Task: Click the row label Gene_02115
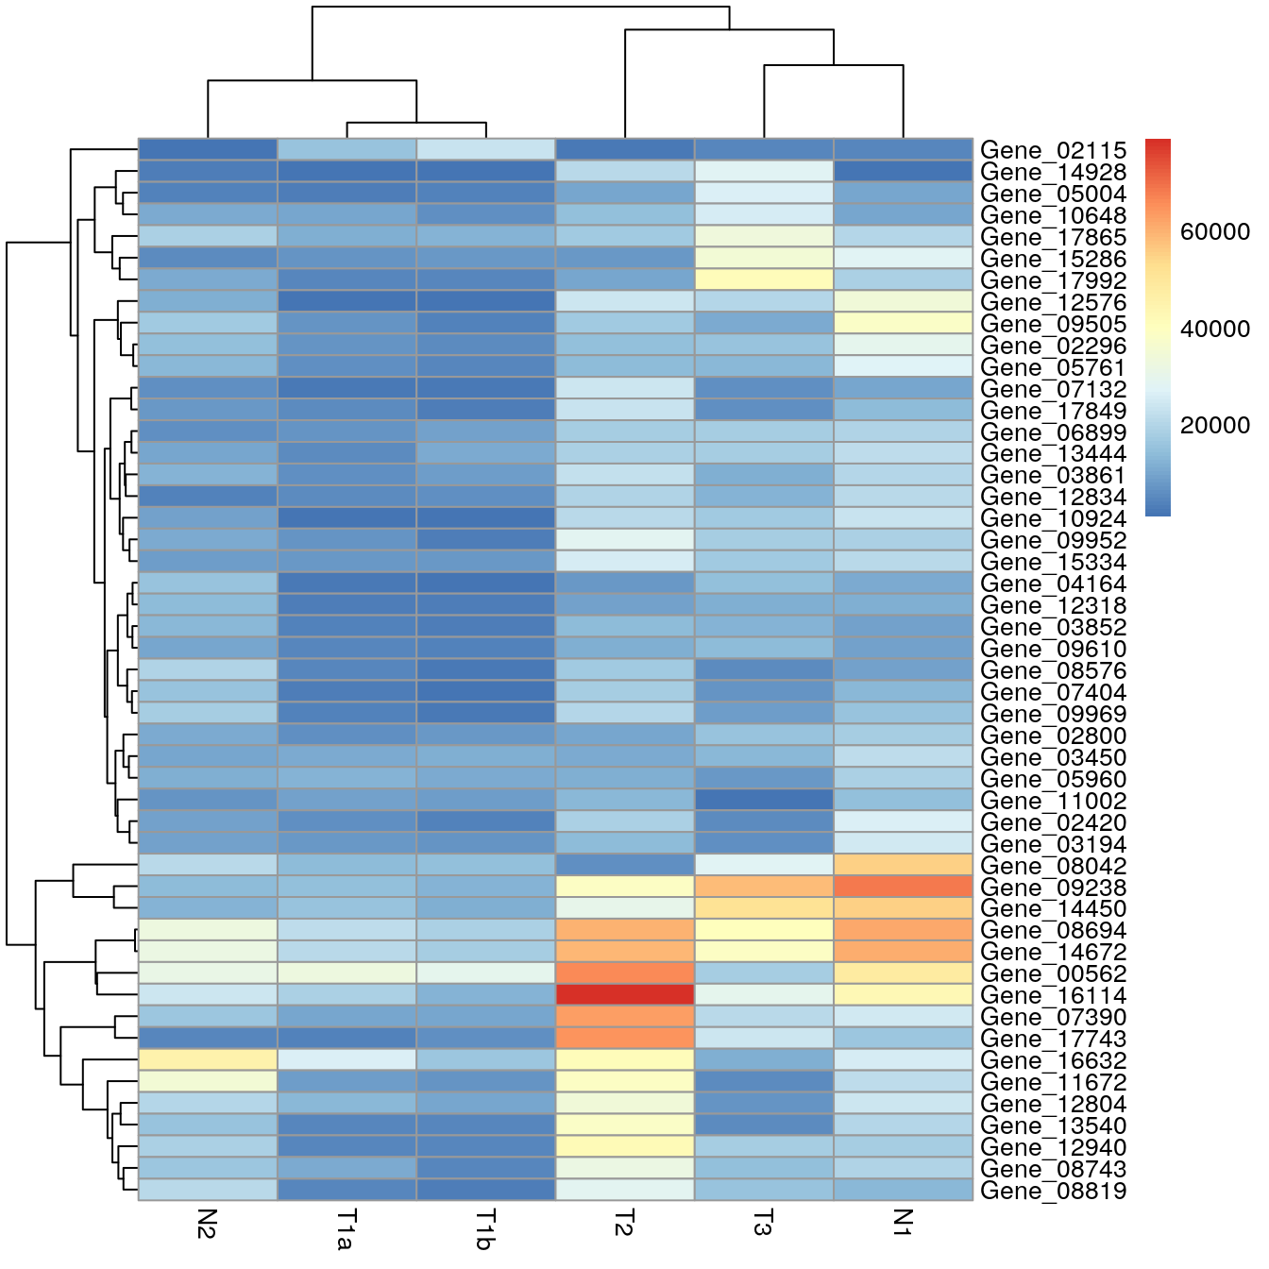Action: [x=1053, y=150]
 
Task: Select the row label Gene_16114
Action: [x=1053, y=995]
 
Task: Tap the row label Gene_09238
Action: [x=1053, y=887]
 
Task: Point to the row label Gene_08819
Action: [x=1053, y=1191]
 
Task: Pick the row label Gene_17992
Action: [x=1053, y=280]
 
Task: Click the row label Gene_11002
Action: [x=1053, y=801]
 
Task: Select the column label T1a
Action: [x=347, y=1228]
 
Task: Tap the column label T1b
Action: [x=485, y=1228]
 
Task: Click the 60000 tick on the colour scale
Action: [x=1214, y=232]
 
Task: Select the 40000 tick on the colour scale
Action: [x=1214, y=329]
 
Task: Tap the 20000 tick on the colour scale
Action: [x=1214, y=425]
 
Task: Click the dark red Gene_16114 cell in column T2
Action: [x=624, y=995]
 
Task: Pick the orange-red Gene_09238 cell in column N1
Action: [x=903, y=887]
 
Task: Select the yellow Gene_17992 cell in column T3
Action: [x=764, y=280]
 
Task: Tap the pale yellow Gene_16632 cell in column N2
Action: [x=208, y=1060]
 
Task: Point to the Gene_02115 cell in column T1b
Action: [x=485, y=150]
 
